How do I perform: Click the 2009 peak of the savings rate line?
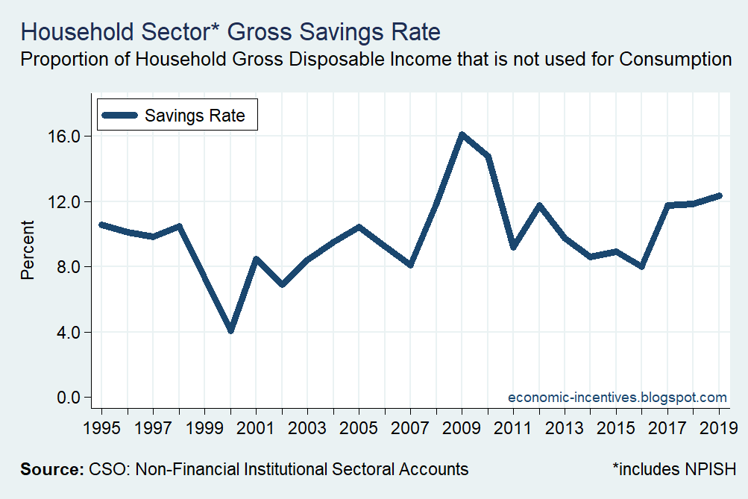click(462, 135)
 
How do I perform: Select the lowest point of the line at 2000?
click(230, 330)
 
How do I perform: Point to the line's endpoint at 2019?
click(719, 195)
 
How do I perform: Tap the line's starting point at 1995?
click(101, 225)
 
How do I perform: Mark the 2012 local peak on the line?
click(538, 205)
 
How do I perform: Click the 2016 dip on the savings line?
click(641, 266)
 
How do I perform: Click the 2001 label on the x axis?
click(256, 430)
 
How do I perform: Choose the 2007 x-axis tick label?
click(410, 430)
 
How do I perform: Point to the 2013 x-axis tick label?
click(565, 430)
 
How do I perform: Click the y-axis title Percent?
click(28, 250)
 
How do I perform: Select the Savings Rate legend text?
click(195, 116)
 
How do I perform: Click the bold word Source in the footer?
click(51, 469)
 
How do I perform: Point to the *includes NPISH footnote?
click(674, 469)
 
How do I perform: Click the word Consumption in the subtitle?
click(674, 59)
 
